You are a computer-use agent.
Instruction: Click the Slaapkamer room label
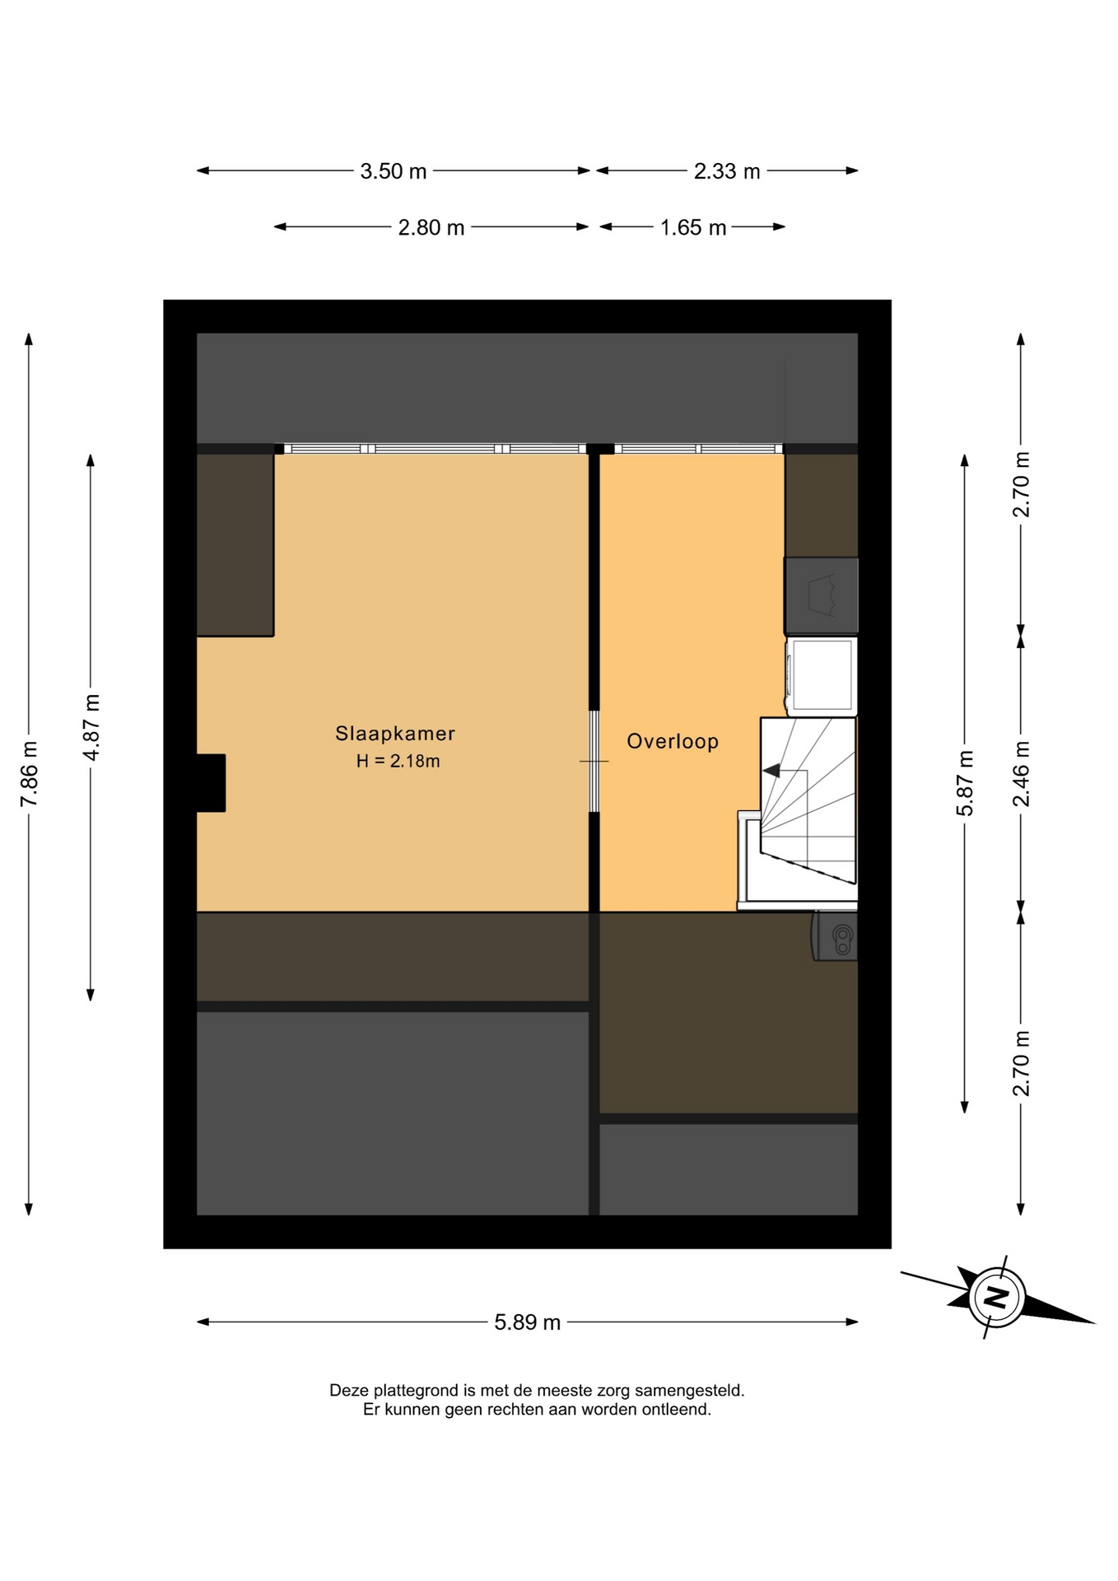(395, 733)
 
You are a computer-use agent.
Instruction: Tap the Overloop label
(673, 741)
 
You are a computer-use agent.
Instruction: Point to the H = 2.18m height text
(398, 761)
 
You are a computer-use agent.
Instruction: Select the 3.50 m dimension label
(394, 171)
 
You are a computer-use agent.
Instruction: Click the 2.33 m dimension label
(727, 171)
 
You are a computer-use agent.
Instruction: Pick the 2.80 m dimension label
(431, 227)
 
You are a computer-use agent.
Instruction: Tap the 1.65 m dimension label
(693, 227)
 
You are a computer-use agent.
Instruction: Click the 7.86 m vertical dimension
(29, 774)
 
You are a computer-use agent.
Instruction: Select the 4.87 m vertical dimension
(91, 727)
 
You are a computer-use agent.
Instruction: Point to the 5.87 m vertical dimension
(965, 783)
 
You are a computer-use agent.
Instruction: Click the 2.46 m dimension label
(1021, 774)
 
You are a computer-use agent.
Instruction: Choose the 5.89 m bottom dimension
(527, 1322)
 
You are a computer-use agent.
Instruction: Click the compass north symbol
(997, 1298)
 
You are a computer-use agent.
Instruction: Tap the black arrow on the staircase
(772, 771)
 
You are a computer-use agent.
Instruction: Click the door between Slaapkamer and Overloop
(594, 761)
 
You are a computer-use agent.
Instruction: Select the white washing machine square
(822, 676)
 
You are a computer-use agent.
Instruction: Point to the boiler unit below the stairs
(836, 936)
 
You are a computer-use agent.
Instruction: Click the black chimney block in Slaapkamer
(211, 783)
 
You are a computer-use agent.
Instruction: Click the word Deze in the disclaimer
(349, 1391)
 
